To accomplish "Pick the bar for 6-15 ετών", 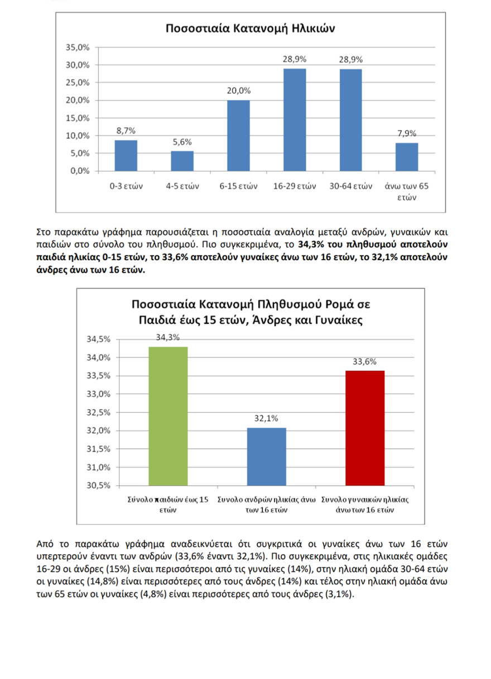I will pos(238,136).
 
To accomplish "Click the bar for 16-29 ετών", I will pos(295,119).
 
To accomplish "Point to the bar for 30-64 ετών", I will pos(350,119).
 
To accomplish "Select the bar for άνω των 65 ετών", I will pos(407,157).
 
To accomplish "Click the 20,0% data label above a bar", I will pos(238,91).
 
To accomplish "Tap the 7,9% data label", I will pos(407,133).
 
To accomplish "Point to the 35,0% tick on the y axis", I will pos(78,47).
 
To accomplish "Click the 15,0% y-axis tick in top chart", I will pos(78,118).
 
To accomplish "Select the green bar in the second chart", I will pos(167,416).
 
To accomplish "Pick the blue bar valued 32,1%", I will pos(266,456).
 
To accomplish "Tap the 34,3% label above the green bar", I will pos(167,337).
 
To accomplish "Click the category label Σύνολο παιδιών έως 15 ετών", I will pos(167,505).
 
